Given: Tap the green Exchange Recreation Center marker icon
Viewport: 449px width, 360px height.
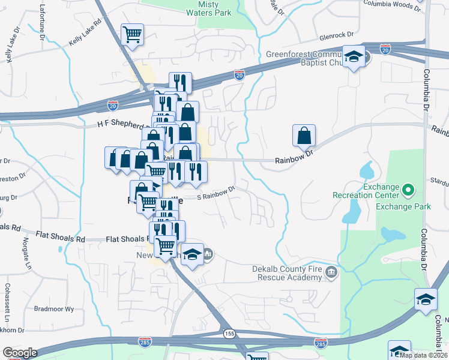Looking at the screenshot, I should pyautogui.click(x=409, y=190).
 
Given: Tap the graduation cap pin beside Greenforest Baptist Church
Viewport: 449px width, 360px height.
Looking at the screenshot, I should pyautogui.click(x=354, y=57).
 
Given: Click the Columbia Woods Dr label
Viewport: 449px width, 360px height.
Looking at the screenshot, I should pyautogui.click(x=393, y=5).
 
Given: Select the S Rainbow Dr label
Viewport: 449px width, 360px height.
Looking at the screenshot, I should pyautogui.click(x=215, y=194).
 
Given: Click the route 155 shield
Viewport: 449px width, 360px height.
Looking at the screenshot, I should pyautogui.click(x=229, y=334).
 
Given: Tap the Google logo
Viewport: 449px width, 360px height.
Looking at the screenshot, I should pyautogui.click(x=19, y=353).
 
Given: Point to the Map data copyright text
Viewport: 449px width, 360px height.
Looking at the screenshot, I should pyautogui.click(x=423, y=355).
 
